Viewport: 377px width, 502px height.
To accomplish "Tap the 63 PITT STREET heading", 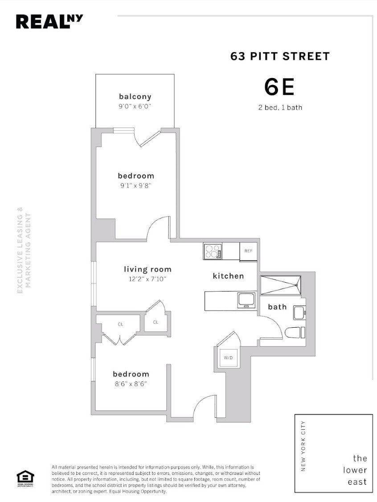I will [280, 57].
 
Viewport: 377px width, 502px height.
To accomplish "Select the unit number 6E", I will [279, 87].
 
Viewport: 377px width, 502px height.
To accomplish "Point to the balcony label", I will [135, 96].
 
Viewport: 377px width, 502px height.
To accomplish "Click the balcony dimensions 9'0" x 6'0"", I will [135, 107].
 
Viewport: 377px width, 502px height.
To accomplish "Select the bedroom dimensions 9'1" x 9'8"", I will [136, 186].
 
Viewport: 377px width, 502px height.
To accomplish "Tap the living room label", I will [148, 269].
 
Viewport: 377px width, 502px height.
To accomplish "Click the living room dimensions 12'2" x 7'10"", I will [148, 280].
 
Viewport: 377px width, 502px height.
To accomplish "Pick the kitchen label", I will [228, 276].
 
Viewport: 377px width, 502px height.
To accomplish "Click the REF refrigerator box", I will [248, 251].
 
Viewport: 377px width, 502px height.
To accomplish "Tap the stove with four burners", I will [213, 251].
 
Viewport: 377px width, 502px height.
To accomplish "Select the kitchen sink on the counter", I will [246, 299].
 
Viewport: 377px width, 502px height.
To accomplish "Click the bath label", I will [277, 307].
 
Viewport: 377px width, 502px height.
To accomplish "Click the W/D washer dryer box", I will [228, 357].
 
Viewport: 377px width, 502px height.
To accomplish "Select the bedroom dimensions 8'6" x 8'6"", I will [131, 384].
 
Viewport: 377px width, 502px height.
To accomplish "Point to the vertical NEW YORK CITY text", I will [303, 446].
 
